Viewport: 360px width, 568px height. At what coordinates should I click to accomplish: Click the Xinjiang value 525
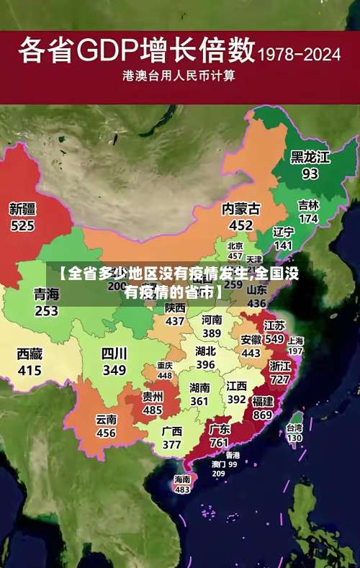click(22, 225)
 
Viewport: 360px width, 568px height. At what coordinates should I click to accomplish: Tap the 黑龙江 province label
click(310, 157)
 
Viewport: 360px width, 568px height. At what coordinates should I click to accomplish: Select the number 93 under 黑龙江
click(310, 173)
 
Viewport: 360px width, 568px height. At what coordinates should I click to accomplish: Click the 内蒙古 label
click(240, 209)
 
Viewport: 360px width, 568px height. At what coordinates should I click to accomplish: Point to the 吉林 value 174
click(308, 218)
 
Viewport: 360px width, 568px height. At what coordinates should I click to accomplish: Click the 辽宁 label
click(284, 232)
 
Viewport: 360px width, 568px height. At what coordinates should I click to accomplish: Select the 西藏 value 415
click(30, 370)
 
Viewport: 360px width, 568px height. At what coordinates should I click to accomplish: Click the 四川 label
click(114, 353)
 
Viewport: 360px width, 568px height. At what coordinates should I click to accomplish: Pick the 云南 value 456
click(106, 433)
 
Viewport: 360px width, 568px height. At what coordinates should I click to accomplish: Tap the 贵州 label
click(152, 397)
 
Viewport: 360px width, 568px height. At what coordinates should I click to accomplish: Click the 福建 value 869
click(262, 415)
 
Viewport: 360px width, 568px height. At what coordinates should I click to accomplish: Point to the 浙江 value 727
click(279, 379)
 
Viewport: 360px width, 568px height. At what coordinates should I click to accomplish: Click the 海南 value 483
click(182, 489)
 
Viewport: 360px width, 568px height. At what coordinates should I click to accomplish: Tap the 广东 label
click(219, 429)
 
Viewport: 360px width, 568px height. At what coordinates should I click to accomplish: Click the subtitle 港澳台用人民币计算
click(179, 75)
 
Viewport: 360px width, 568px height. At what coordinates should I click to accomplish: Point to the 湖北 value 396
click(205, 365)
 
